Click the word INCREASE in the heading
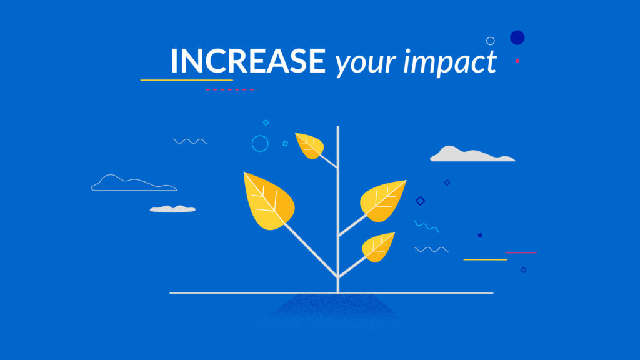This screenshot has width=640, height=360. [x=248, y=61]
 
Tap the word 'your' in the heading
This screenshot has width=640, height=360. [x=365, y=63]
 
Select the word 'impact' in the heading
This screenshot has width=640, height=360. [x=450, y=62]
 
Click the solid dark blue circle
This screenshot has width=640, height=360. [x=517, y=37]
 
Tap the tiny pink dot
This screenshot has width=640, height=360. [x=517, y=61]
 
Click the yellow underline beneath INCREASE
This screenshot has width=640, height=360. [x=186, y=80]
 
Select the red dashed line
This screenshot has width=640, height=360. [x=230, y=89]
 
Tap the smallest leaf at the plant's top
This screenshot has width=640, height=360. [x=310, y=145]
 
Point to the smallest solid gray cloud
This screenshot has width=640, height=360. [x=172, y=209]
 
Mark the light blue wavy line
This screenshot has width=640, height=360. [x=426, y=226]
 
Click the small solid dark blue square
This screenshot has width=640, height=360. [x=480, y=235]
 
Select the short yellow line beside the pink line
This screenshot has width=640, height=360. [x=485, y=259]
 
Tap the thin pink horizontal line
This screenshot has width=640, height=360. [x=521, y=252]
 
